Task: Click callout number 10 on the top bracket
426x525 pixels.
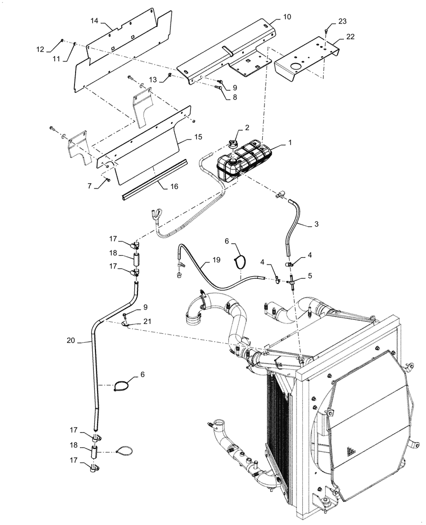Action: [x=287, y=17]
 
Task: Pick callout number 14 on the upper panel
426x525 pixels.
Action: [x=95, y=20]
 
